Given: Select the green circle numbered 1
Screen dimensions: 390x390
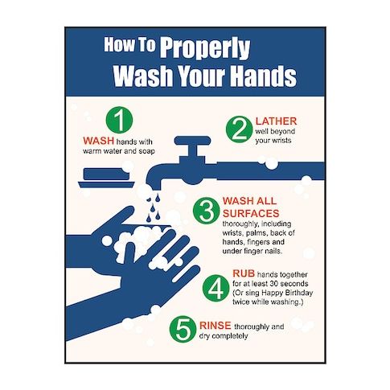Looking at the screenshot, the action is point(119,120).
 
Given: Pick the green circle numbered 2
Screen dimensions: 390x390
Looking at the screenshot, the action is point(239,129).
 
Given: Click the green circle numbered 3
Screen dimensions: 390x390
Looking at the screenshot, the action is point(207,211).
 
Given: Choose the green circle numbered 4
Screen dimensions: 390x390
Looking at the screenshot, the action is point(216,288).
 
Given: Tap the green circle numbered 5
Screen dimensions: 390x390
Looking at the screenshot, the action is point(183,329).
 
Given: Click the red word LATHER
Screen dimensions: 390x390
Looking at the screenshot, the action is point(276,121).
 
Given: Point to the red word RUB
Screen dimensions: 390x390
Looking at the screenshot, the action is point(244,273).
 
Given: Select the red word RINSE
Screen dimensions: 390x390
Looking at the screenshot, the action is point(216,326).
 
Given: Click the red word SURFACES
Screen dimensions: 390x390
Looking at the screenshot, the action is point(251,213).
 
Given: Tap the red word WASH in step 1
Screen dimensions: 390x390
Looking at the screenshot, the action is point(98,141).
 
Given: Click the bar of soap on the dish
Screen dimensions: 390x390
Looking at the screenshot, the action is point(107,174).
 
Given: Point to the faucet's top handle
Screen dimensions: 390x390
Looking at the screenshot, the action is point(192,141).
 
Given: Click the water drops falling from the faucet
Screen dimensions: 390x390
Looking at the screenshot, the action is point(154,208).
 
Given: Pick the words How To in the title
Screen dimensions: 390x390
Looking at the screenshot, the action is point(130,44).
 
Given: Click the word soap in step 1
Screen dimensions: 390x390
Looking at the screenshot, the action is point(146,151).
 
